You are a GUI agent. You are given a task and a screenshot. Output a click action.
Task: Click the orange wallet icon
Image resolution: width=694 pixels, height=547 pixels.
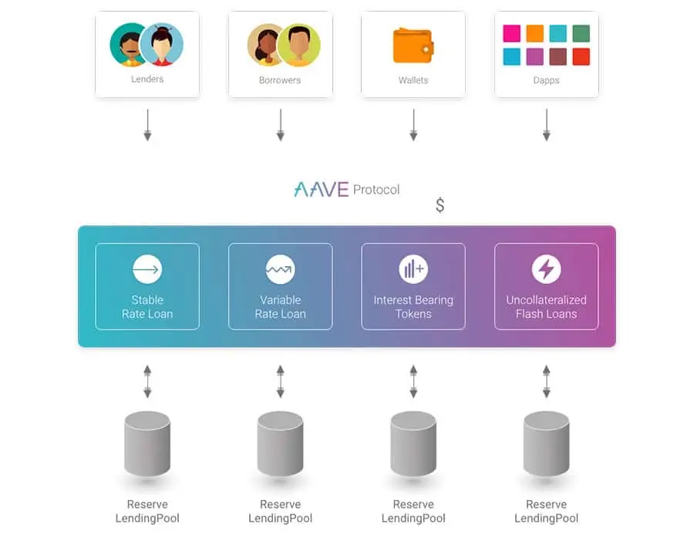pyautogui.click(x=413, y=46)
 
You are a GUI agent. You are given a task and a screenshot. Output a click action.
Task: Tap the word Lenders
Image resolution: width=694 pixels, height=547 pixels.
pyautogui.click(x=147, y=79)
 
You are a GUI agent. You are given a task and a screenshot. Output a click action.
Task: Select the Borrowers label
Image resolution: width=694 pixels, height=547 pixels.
pyautogui.click(x=280, y=80)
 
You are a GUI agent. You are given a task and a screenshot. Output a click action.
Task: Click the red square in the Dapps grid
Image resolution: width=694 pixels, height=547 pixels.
pyautogui.click(x=581, y=56)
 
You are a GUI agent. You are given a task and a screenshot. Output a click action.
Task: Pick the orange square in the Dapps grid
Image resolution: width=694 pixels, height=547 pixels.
pyautogui.click(x=534, y=33)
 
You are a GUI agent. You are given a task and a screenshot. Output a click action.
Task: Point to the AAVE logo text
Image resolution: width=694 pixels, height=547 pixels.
pyautogui.click(x=322, y=190)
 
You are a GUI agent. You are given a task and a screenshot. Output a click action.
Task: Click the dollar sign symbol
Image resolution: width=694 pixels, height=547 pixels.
pyautogui.click(x=440, y=205)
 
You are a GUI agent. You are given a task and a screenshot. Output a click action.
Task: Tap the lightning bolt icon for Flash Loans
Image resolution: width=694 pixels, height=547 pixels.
pyautogui.click(x=546, y=268)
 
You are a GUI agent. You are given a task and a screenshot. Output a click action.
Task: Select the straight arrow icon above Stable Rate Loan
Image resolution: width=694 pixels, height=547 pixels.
pyautogui.click(x=147, y=268)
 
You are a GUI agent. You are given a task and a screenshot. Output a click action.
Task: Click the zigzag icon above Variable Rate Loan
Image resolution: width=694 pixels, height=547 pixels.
pyautogui.click(x=280, y=268)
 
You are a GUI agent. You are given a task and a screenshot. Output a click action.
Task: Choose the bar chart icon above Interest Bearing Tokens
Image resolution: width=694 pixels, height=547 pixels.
pyautogui.click(x=413, y=268)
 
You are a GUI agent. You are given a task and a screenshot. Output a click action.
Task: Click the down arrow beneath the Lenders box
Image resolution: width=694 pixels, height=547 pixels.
pyautogui.click(x=147, y=125)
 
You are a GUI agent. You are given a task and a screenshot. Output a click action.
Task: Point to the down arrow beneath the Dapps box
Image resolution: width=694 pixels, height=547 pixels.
pyautogui.click(x=547, y=125)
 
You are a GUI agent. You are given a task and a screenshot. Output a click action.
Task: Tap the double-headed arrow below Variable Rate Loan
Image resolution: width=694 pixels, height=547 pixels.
pyautogui.click(x=280, y=381)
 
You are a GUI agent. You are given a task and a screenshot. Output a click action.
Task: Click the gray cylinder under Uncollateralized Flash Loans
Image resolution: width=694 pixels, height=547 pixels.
pyautogui.click(x=546, y=444)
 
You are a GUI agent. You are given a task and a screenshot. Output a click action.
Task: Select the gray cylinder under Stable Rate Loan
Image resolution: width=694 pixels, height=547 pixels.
pyautogui.click(x=147, y=444)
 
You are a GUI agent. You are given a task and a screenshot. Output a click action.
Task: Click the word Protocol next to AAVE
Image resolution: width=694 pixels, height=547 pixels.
pyautogui.click(x=376, y=190)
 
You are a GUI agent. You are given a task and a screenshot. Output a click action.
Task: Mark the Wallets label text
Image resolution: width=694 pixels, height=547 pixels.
pyautogui.click(x=413, y=80)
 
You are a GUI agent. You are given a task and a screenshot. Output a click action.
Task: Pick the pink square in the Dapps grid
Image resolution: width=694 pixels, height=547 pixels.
pyautogui.click(x=512, y=33)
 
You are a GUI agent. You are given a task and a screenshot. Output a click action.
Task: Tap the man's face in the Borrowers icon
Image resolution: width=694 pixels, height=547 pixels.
pyautogui.click(x=300, y=43)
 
